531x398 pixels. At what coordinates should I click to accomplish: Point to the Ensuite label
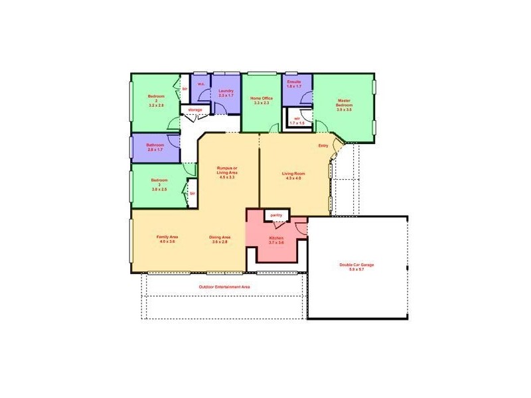(x=294, y=84)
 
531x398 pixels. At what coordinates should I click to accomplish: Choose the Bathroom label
(x=155, y=147)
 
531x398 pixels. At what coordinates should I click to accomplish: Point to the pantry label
(x=276, y=215)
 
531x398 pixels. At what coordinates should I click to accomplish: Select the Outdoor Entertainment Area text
(x=224, y=287)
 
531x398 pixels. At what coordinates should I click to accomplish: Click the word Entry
(x=323, y=145)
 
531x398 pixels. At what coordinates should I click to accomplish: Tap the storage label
(x=194, y=109)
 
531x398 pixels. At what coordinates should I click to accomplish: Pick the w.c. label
(x=200, y=84)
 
